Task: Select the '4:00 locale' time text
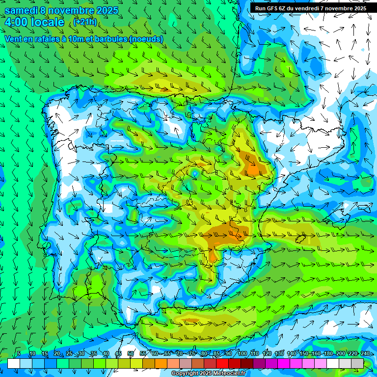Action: click(34, 22)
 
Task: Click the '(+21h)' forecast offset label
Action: click(85, 22)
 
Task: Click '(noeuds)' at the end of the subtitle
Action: click(146, 39)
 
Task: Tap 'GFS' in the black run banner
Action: click(273, 8)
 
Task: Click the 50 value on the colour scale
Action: click(131, 353)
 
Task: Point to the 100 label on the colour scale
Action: click(242, 353)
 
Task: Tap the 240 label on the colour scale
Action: click(365, 353)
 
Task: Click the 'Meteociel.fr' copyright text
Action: click(229, 374)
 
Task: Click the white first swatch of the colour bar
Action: click(14, 363)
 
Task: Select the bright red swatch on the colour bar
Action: click(223, 363)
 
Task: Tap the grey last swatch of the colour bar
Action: click(357, 363)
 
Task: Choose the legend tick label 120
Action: click(267, 353)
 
